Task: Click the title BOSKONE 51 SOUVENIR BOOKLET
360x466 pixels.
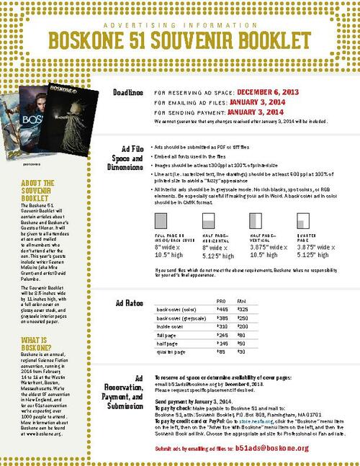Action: (x=180, y=37)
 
